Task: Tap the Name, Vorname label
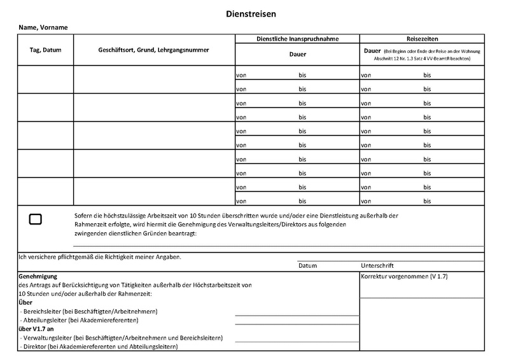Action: click(43, 27)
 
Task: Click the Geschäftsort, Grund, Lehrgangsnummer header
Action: click(154, 50)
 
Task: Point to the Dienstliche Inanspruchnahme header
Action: click(297, 38)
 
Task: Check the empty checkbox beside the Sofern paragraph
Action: click(36, 219)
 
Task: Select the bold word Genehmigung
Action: click(39, 277)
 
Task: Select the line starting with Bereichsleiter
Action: click(88, 312)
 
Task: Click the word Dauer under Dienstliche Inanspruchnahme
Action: click(297, 55)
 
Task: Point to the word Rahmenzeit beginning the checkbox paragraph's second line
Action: click(92, 225)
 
